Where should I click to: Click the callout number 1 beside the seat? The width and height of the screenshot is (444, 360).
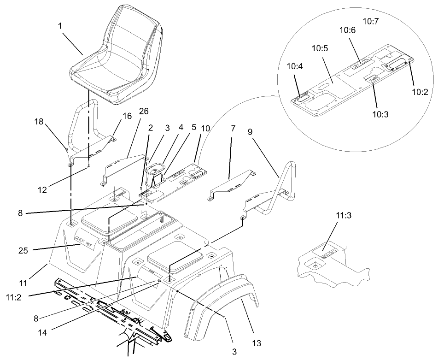click(60, 26)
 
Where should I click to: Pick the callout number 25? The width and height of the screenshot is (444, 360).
click(23, 251)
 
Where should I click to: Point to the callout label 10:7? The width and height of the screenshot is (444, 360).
click(371, 21)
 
